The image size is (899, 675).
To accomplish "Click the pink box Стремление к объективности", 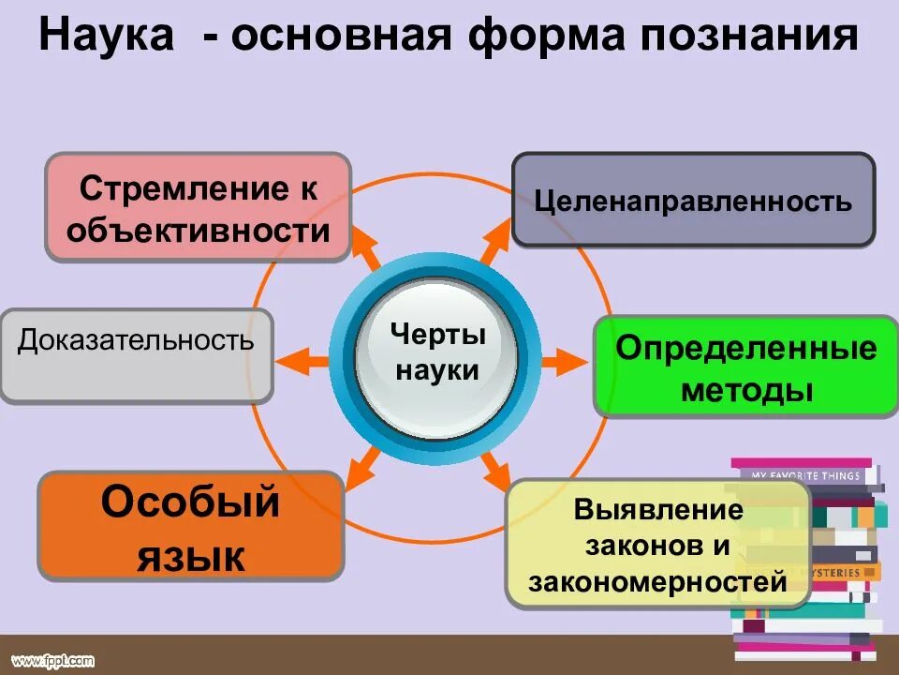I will pos(198,207).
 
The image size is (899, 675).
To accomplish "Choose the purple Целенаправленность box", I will pos(693,200).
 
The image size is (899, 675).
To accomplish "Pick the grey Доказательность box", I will pos(136,355).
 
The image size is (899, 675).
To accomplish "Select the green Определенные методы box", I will pos(745,367).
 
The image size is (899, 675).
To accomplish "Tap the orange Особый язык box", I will pos(190,526).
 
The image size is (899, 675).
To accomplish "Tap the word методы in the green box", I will pos(745,390).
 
